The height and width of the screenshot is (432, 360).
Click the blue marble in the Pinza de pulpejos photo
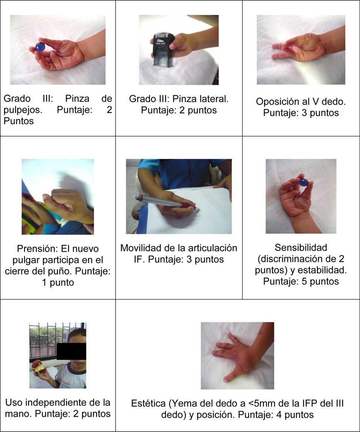coord(40,47)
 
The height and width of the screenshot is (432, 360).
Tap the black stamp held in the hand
coord(163,49)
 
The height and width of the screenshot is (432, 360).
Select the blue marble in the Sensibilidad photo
coord(303,182)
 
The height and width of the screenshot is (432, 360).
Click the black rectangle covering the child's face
coord(71,351)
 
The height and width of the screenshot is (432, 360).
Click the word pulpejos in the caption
coord(23,110)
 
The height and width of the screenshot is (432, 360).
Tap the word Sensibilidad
coord(301,247)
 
